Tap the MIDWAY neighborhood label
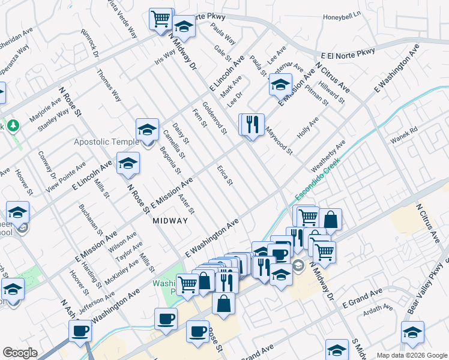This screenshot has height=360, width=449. tap(170, 221)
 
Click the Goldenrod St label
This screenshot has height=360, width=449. tap(215, 118)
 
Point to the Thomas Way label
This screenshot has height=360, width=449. tap(109, 86)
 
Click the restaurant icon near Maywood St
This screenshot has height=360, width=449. tap(252, 124)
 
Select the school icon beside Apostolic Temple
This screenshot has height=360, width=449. tap(147, 130)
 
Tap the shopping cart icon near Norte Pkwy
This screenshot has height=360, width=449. tap(161, 19)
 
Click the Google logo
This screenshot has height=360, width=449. tap(20, 352)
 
